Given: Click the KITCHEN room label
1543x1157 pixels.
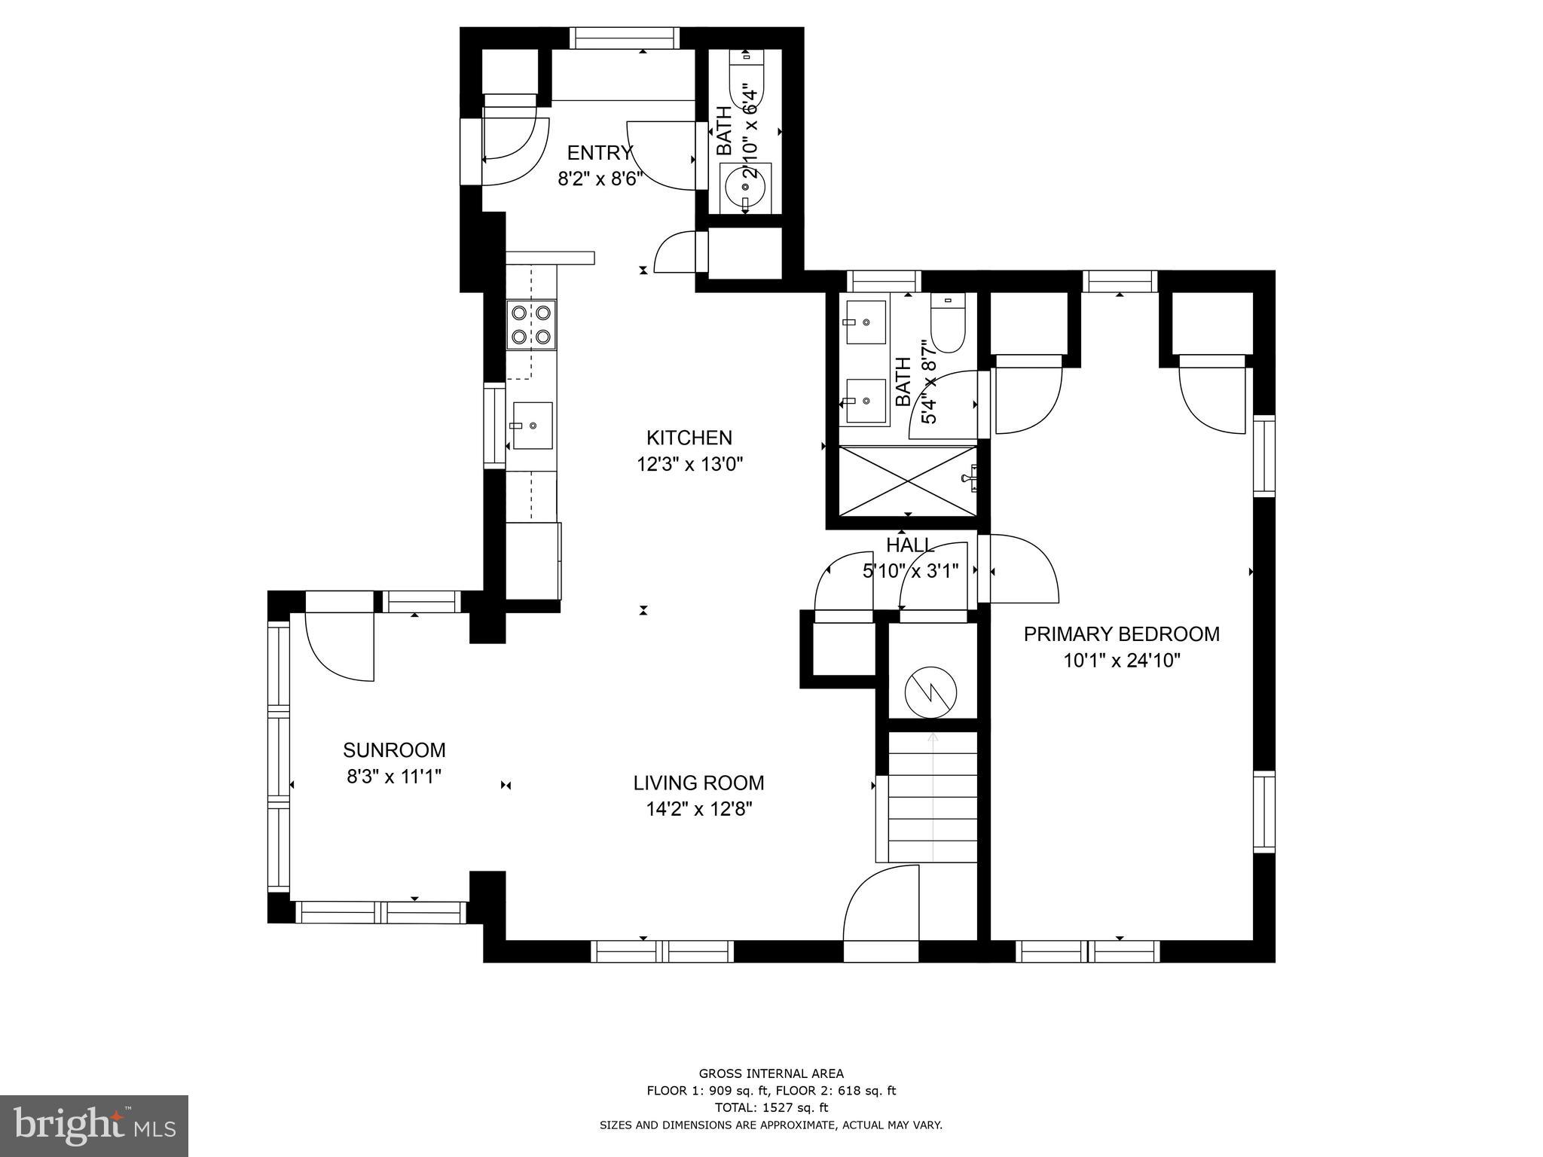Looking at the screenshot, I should point(689,438).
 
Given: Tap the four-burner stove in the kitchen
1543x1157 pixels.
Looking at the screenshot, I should point(530,325).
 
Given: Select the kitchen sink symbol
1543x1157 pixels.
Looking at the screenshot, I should point(532,426).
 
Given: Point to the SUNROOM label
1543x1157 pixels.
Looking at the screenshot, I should point(394,750).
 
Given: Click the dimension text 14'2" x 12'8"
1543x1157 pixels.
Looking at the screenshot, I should point(698,809).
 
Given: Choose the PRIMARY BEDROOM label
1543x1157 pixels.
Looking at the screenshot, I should point(1121,634).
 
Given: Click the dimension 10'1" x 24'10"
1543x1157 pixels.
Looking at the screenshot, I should point(1121,661).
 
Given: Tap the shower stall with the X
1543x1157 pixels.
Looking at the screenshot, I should point(907,481).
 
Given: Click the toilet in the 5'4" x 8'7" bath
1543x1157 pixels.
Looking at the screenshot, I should point(947,326).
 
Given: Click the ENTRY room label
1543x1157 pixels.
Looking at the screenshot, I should point(600,153).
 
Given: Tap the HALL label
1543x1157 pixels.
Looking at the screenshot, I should point(910,545).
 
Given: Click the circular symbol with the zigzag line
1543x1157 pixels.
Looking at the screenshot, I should point(930,691).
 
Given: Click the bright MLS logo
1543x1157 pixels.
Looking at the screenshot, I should point(94,1125).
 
